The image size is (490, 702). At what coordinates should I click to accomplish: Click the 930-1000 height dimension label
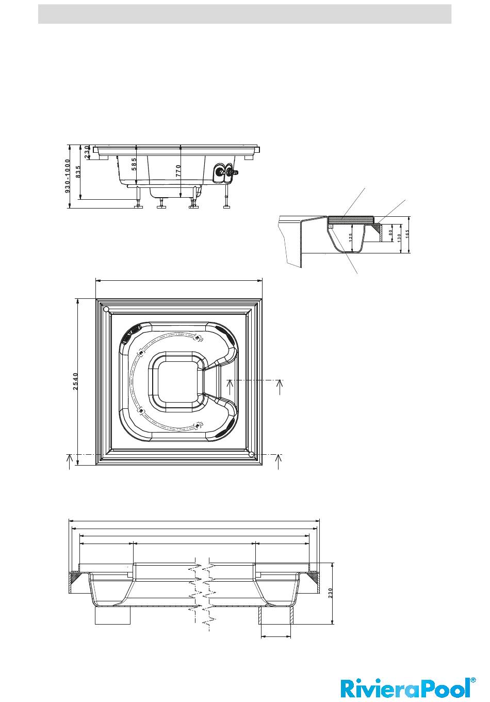coord(68,176)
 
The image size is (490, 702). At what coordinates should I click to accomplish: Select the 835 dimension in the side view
coord(78,172)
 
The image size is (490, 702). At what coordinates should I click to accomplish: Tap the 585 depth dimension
coord(134,164)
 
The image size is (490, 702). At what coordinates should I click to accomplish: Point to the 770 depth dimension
coord(178,171)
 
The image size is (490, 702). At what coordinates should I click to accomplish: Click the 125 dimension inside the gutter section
coord(351,236)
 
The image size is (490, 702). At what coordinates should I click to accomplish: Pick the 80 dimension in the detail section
coord(390,232)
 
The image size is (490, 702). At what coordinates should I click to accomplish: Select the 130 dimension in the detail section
coord(399,237)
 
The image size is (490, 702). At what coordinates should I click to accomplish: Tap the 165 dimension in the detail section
coord(407,233)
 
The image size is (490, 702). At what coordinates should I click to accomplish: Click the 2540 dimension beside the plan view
coord(75,381)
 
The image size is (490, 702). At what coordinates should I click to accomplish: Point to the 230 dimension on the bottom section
coord(330,593)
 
